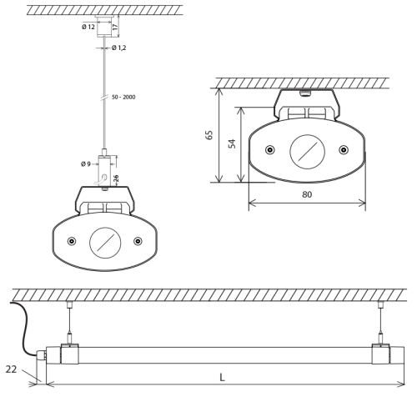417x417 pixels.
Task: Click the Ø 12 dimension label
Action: coord(88,27)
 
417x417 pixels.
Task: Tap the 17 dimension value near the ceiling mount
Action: coord(115,27)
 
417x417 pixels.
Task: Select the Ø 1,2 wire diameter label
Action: coord(119,48)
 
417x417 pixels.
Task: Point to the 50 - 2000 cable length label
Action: coord(123,97)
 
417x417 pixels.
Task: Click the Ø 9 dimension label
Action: coord(86,164)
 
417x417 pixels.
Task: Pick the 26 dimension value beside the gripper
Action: coord(116,178)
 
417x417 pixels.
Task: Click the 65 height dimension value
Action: coord(209,135)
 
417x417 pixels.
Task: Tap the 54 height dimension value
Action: coord(232,143)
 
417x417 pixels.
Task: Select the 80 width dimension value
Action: coord(307,194)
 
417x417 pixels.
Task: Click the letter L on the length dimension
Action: coord(222,378)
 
